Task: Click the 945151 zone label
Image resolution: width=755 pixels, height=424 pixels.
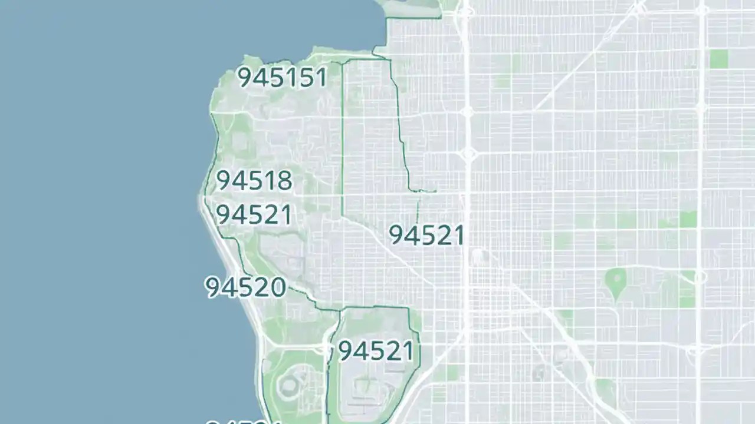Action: point(282,77)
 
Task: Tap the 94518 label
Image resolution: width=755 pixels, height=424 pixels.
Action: point(254,181)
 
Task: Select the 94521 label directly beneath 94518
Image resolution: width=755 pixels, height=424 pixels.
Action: point(254,215)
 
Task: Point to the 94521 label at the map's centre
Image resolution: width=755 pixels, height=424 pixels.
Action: point(426,236)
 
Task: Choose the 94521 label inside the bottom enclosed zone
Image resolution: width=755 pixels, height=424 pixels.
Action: point(376,351)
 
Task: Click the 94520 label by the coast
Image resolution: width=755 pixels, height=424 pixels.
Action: point(245,287)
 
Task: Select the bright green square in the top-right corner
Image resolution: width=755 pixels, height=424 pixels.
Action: point(718,59)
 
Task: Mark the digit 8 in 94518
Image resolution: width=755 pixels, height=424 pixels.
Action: point(284,181)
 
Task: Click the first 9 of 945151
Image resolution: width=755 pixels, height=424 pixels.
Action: point(245,77)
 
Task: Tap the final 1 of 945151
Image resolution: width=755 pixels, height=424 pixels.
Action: point(321,77)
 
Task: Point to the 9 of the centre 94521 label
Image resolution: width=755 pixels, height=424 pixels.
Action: point(397,236)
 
